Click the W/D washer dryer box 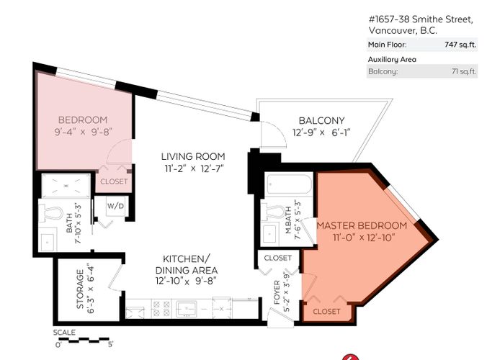pos(116,206)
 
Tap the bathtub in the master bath pos(290,184)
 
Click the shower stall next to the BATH pos(66,186)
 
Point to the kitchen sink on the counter pos(186,309)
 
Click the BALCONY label pos(321,120)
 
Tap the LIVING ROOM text pos(193,156)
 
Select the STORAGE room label pos(80,289)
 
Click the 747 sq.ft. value pos(460,45)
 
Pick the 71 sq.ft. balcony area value pos(464,71)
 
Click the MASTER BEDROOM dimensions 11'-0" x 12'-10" pos(364,238)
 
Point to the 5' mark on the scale pos(110,344)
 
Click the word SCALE pos(64,333)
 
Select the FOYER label pos(277,292)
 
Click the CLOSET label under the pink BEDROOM pos(114,181)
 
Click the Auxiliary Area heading pos(392,59)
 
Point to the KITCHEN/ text pos(187,258)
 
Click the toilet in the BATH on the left pos(52,214)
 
